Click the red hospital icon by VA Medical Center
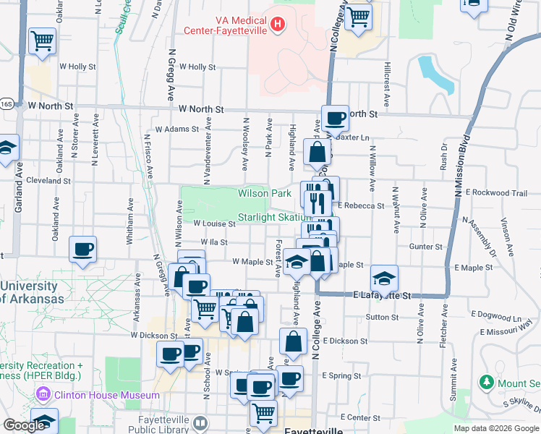pyautogui.click(x=276, y=26)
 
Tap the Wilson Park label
pyautogui.click(x=265, y=193)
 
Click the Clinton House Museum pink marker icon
pyautogui.click(x=43, y=395)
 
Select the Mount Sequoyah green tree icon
pyautogui.click(x=486, y=381)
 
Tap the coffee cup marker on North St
pyautogui.click(x=335, y=117)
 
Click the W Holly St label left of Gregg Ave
pyautogui.click(x=78, y=67)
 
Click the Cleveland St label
pyautogui.click(x=48, y=180)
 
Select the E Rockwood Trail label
pyautogui.click(x=497, y=192)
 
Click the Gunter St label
pyautogui.click(x=425, y=247)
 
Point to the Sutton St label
pyautogui.click(x=382, y=317)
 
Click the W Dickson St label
pyautogui.click(x=154, y=336)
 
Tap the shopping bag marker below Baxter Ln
pyautogui.click(x=318, y=152)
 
